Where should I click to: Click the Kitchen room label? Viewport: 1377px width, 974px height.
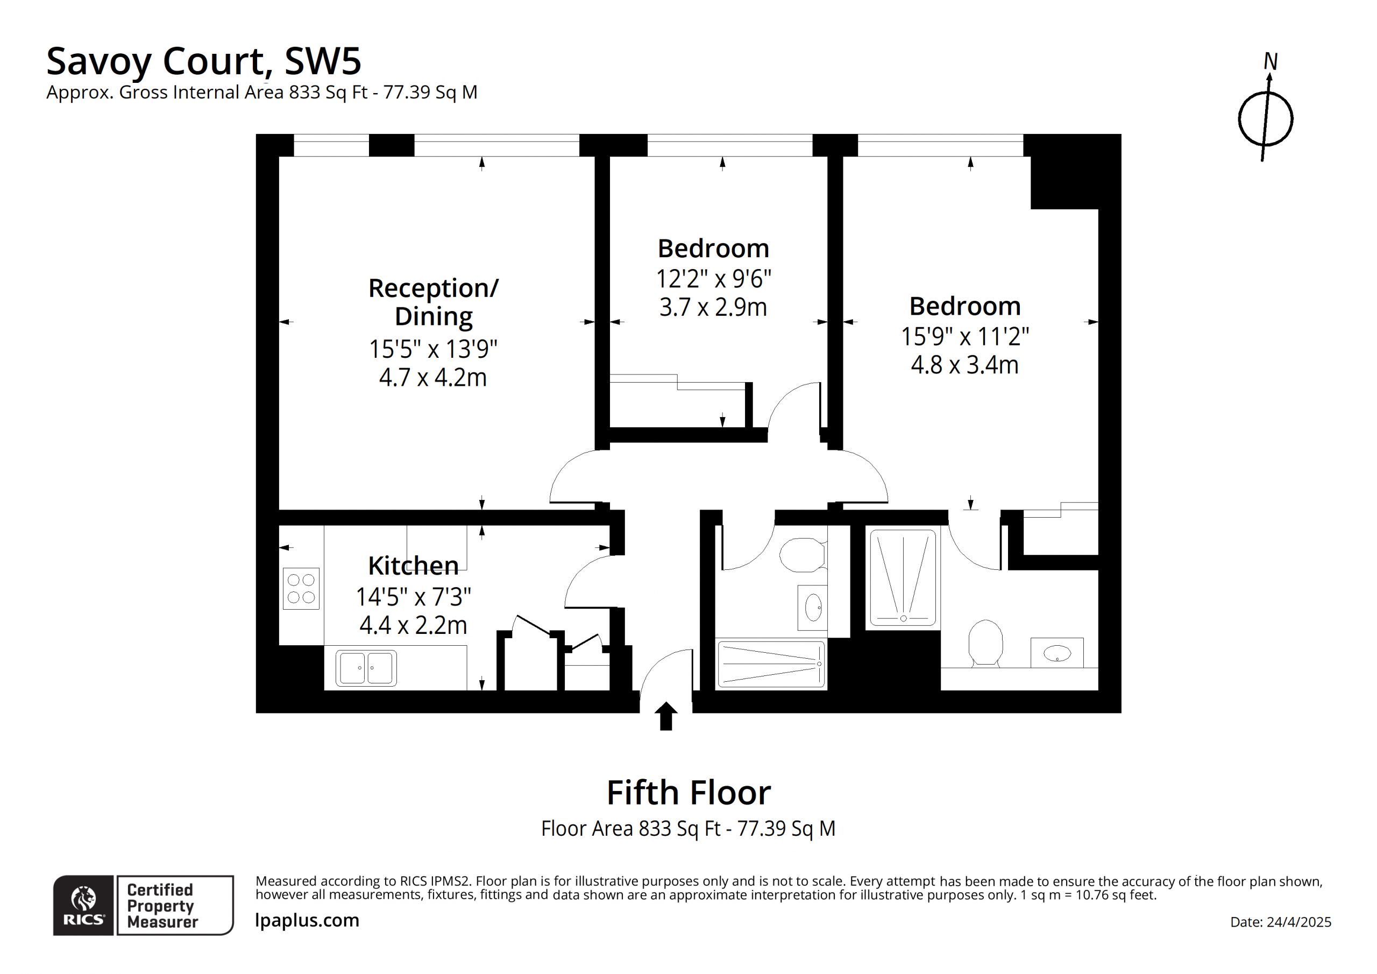413,566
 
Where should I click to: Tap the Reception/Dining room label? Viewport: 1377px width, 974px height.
433,302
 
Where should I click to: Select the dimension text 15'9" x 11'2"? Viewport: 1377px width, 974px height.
965,336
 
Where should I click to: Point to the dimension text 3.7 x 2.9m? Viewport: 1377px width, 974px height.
713,307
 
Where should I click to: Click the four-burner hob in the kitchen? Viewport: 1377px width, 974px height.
301,589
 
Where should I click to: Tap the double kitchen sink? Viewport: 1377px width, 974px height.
366,668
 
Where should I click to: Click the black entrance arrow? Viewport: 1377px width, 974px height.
666,717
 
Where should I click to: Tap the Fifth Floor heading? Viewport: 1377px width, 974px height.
688,793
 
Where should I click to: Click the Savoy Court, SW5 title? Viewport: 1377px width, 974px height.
204,61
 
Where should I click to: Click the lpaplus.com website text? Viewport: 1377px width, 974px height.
307,920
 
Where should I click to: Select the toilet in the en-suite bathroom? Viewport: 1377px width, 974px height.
985,643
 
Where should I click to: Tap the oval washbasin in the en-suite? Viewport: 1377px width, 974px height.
1057,653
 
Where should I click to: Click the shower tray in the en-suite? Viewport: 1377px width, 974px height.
903,578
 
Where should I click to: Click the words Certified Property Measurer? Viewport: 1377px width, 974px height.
161,906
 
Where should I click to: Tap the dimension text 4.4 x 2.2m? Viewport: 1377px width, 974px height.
413,625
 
